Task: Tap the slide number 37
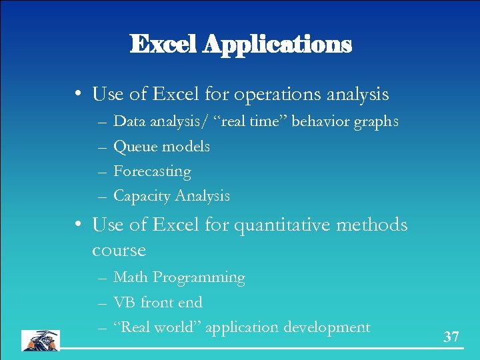(451, 337)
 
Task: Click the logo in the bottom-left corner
(40, 340)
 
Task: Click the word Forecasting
(152, 171)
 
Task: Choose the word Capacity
(142, 196)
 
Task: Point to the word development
(327, 327)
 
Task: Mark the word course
(119, 251)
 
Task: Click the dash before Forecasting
(101, 172)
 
